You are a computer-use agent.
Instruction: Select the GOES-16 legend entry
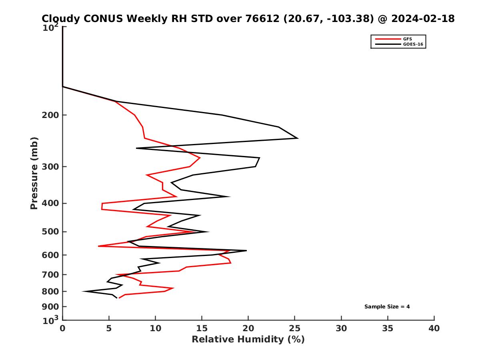point(413,44)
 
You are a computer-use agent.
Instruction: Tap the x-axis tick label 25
point(295,329)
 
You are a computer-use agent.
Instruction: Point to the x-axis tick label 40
point(434,329)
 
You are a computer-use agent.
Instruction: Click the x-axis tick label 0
point(63,329)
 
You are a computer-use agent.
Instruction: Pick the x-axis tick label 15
point(202,329)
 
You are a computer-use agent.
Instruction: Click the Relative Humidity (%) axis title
point(248,340)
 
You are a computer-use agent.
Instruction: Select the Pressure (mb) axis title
point(34,173)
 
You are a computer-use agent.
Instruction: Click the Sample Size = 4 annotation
point(387,307)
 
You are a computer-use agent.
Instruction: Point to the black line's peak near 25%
point(298,138)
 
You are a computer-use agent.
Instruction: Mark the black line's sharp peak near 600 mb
point(246,250)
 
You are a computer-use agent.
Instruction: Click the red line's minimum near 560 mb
point(98,246)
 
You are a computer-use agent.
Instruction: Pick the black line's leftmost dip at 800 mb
point(83,291)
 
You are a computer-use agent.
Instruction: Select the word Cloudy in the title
point(61,19)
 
